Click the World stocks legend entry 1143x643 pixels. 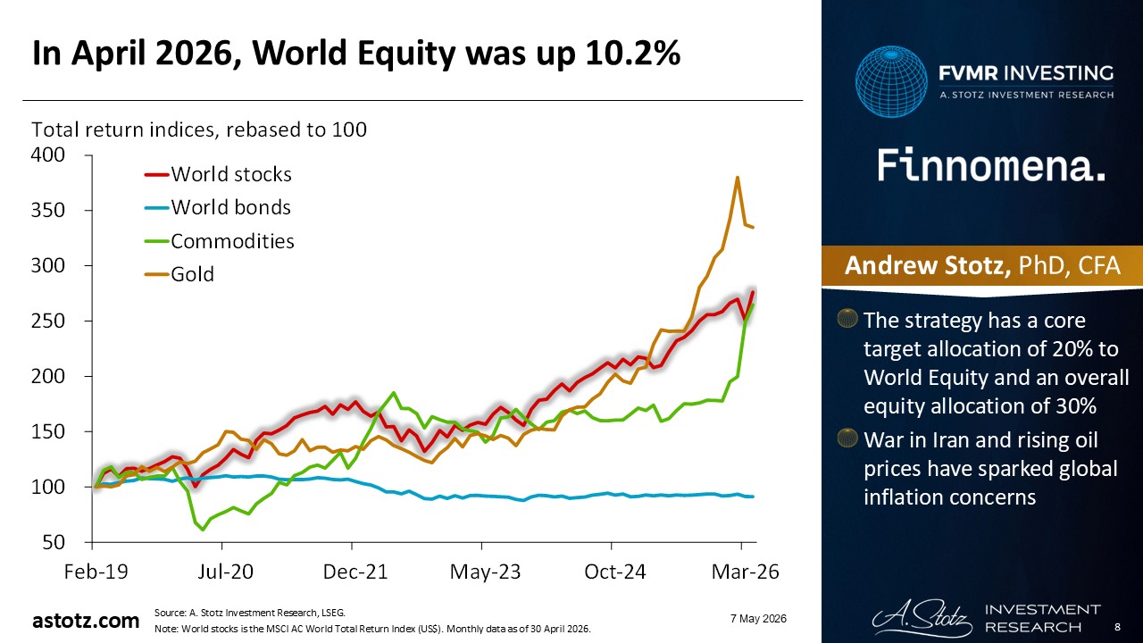tap(218, 174)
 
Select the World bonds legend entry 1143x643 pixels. tap(218, 208)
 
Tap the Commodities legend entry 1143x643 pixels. tap(220, 241)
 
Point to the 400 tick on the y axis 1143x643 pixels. tap(48, 154)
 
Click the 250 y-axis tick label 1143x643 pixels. tap(48, 321)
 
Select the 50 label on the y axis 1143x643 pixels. tap(54, 542)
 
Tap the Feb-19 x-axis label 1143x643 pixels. tap(96, 572)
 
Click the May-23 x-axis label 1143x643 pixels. tap(485, 572)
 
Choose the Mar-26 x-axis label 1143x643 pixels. tap(745, 572)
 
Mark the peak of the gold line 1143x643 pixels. tap(738, 178)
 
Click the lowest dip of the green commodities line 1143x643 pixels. tap(203, 530)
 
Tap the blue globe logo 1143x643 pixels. tap(891, 81)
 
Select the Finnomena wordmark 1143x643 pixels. tap(991, 165)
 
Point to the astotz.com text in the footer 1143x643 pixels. tap(86, 621)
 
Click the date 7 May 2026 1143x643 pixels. tap(758, 619)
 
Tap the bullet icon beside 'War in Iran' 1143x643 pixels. tap(847, 438)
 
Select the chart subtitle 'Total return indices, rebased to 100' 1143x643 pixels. tap(199, 129)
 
